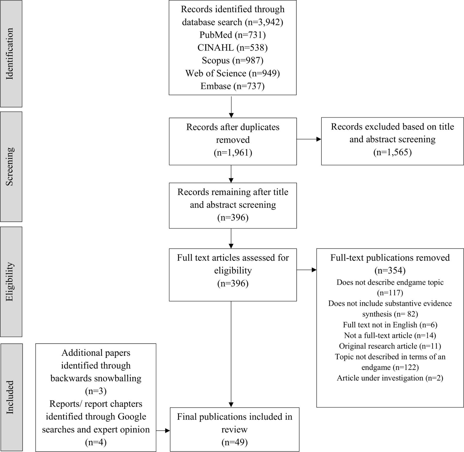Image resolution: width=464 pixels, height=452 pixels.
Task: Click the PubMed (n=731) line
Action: pyautogui.click(x=233, y=35)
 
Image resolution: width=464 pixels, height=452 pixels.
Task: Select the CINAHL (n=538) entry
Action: pyautogui.click(x=233, y=48)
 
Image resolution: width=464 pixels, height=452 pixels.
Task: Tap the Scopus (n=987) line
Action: pyautogui.click(x=233, y=60)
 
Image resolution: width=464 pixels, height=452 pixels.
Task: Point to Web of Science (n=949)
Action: pyautogui.click(x=233, y=73)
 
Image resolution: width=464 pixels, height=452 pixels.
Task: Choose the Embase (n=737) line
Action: pyautogui.click(x=233, y=86)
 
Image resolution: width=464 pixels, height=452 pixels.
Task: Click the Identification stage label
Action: pyautogui.click(x=10, y=54)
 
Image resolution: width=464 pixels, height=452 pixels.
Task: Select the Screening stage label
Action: pyautogui.click(x=10, y=166)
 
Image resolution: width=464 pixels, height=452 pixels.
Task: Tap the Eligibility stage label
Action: pyautogui.click(x=10, y=281)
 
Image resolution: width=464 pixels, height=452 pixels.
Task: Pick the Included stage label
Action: pyautogui.click(x=10, y=397)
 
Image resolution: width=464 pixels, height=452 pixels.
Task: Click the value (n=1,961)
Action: pyautogui.click(x=233, y=153)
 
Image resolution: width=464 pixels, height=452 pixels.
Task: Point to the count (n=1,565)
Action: pyautogui.click(x=392, y=152)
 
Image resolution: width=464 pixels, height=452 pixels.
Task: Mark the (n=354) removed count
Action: pyautogui.click(x=390, y=270)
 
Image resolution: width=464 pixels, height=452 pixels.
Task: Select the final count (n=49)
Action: pyautogui.click(x=234, y=442)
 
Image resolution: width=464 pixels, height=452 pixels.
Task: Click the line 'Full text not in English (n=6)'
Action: pyautogui.click(x=390, y=325)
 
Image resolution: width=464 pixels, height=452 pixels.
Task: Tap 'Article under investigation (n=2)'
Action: pyautogui.click(x=390, y=378)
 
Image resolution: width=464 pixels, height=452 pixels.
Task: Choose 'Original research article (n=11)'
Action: pyautogui.click(x=390, y=346)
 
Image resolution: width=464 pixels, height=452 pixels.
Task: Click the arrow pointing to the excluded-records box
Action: pyautogui.click(x=309, y=139)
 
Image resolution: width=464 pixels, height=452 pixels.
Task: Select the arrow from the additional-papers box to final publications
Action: pyautogui.click(x=163, y=430)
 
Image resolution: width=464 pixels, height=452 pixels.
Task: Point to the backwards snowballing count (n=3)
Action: pyautogui.click(x=96, y=391)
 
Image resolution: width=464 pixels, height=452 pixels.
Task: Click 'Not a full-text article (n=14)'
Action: pyautogui.click(x=390, y=335)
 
